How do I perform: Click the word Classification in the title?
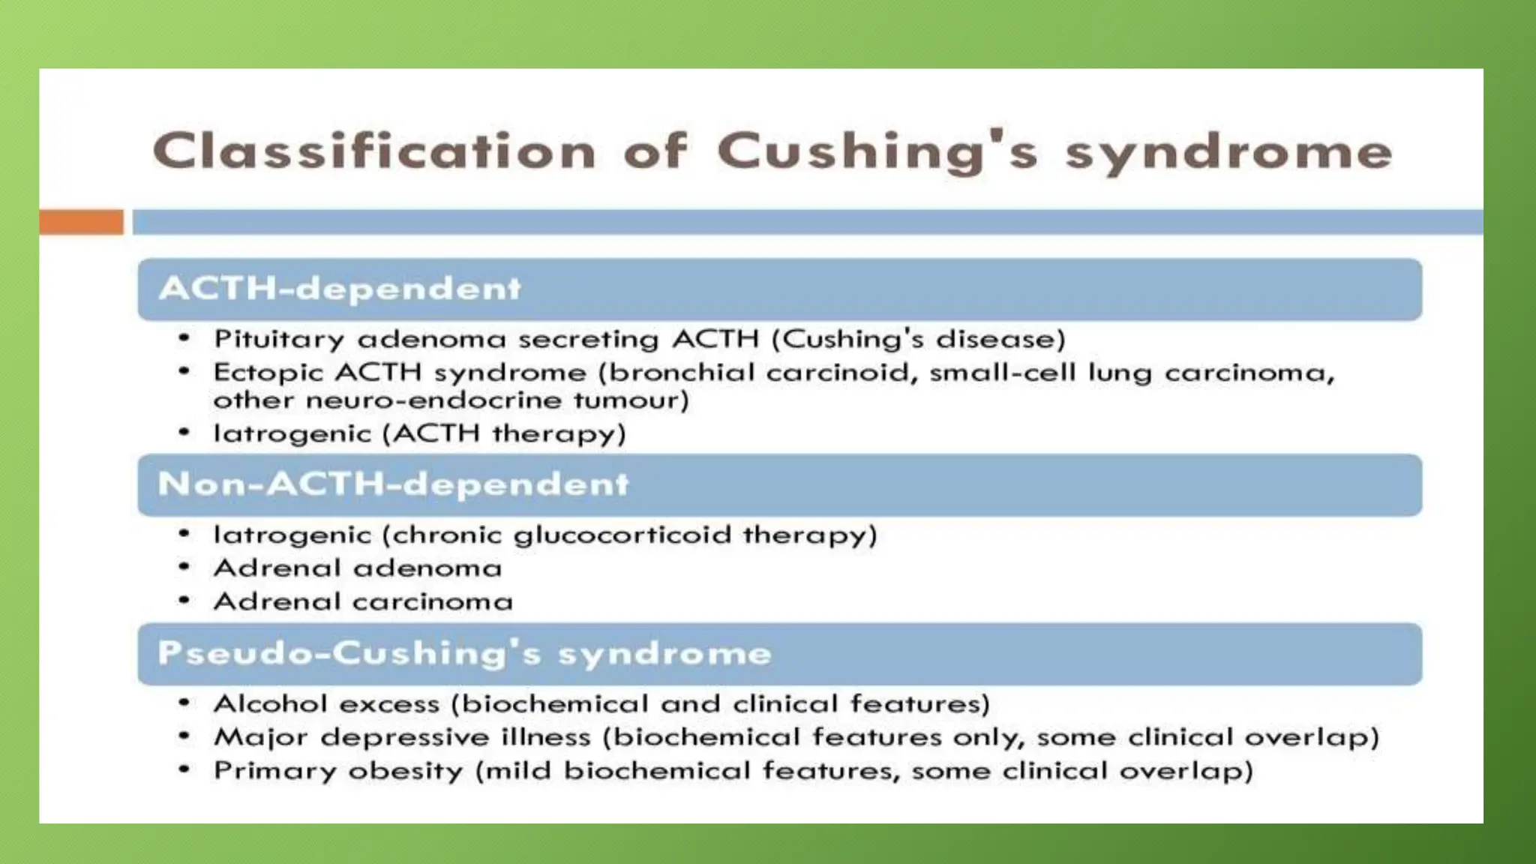(x=374, y=151)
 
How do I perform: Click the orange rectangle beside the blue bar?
(x=81, y=222)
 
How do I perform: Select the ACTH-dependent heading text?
(x=340, y=289)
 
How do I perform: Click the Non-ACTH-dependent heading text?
(x=393, y=484)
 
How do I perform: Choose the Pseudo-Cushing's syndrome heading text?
(x=464, y=653)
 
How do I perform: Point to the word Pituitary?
(x=279, y=340)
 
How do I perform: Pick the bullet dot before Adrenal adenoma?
(x=184, y=568)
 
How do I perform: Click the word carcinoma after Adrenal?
(x=433, y=601)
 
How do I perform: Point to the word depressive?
(x=405, y=738)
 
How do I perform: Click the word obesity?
(x=406, y=772)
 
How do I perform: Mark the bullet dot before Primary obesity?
(x=184, y=770)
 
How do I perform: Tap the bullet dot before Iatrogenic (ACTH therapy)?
(x=184, y=433)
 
